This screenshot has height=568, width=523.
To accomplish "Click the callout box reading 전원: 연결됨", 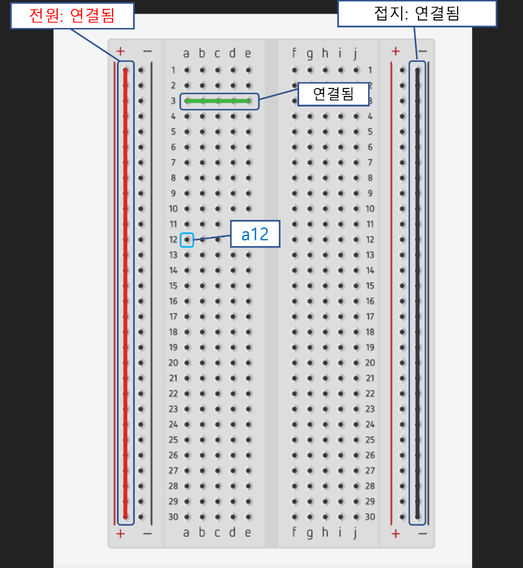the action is coord(72,16).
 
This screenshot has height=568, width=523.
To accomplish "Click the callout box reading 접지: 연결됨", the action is coord(417,14).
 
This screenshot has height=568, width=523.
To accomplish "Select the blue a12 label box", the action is coord(255,234).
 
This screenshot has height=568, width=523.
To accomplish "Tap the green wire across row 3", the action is coord(218,101).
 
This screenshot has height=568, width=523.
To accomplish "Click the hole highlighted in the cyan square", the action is coord(187,239).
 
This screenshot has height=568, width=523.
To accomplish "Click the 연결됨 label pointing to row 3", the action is coord(333,94).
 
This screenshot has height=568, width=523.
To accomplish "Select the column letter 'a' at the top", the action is coord(186,54).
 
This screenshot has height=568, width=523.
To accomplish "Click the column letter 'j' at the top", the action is coord(355,54).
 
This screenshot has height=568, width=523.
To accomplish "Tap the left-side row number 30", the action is coord(174,516).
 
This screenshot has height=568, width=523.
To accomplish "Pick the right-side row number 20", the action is coord(370,362).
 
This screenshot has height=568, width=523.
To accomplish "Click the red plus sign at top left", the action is coord(121,51).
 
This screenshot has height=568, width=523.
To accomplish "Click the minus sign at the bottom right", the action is coord(422,533).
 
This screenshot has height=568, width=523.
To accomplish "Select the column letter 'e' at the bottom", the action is coord(248,532).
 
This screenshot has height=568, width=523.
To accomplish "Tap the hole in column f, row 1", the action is coord(295,70).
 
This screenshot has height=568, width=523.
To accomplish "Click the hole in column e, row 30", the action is coord(249,516).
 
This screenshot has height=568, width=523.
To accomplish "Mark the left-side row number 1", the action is coord(174,70).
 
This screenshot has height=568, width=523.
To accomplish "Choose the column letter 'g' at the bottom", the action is coord(310,533).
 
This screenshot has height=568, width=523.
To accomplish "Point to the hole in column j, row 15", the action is coord(356,286).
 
